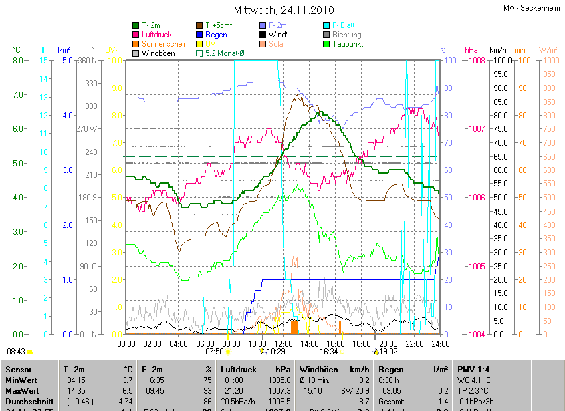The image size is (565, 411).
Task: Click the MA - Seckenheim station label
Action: coord(532,8)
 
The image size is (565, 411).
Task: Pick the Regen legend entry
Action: coord(216,35)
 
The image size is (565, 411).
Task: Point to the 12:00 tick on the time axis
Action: coord(283,344)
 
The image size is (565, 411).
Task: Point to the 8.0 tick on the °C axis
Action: coord(19,61)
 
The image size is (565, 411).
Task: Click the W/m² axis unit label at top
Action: coord(547,50)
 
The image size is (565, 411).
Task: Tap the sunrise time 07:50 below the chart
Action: coord(214,351)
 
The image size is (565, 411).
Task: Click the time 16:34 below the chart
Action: coord(329,351)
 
